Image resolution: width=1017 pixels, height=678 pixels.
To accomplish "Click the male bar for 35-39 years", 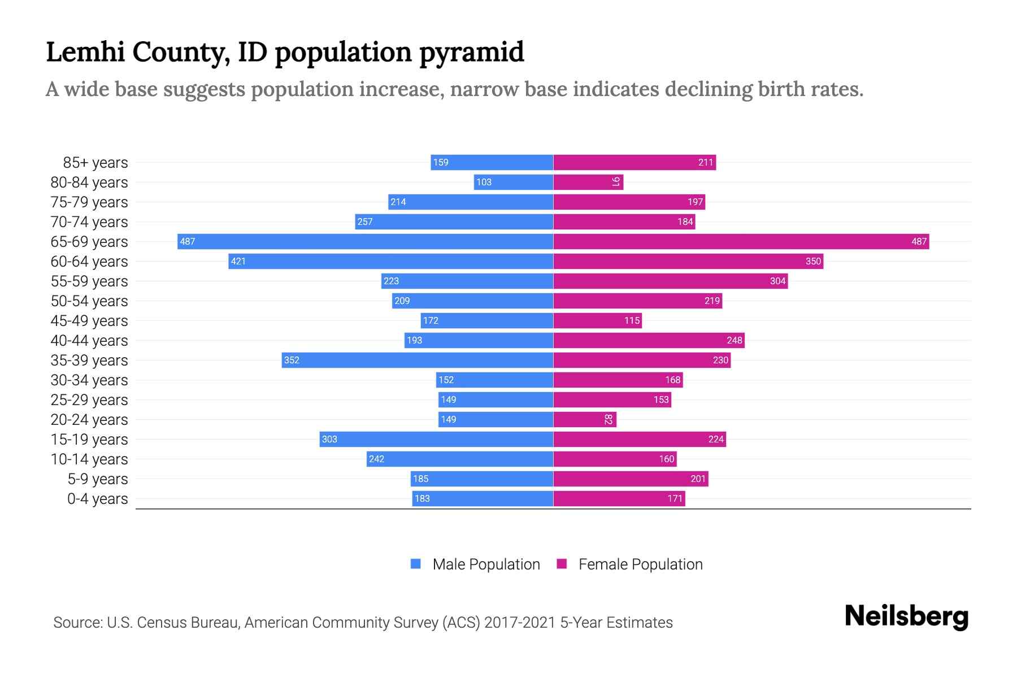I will point(417,360).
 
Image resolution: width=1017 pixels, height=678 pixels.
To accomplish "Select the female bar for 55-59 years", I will point(670,281).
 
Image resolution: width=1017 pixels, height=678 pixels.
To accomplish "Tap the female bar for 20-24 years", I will point(585,419).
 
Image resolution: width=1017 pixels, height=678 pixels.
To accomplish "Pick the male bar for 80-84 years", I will point(513,182).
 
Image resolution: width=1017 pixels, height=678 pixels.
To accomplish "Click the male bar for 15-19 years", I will point(436,439).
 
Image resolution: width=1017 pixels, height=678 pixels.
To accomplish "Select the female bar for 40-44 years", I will point(649,340).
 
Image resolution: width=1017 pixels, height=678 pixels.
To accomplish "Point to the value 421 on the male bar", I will point(238,261).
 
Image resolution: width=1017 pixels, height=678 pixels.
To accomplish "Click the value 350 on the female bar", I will point(813,261).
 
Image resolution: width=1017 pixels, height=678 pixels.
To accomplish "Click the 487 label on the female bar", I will point(919,241).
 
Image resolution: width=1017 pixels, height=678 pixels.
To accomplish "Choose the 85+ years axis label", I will point(95,163).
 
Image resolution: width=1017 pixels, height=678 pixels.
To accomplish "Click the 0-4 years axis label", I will point(97,499).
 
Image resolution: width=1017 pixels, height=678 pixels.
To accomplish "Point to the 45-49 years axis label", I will point(89,321).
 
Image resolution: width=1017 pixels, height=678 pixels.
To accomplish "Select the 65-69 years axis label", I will point(89,242).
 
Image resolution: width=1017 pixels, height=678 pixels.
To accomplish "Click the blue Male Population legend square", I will point(416,564).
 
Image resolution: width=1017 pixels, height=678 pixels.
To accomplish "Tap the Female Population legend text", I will point(640,564).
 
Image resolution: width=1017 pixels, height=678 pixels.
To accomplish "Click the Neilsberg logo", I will point(906,616).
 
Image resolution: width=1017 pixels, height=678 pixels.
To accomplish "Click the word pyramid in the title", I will point(471,53).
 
